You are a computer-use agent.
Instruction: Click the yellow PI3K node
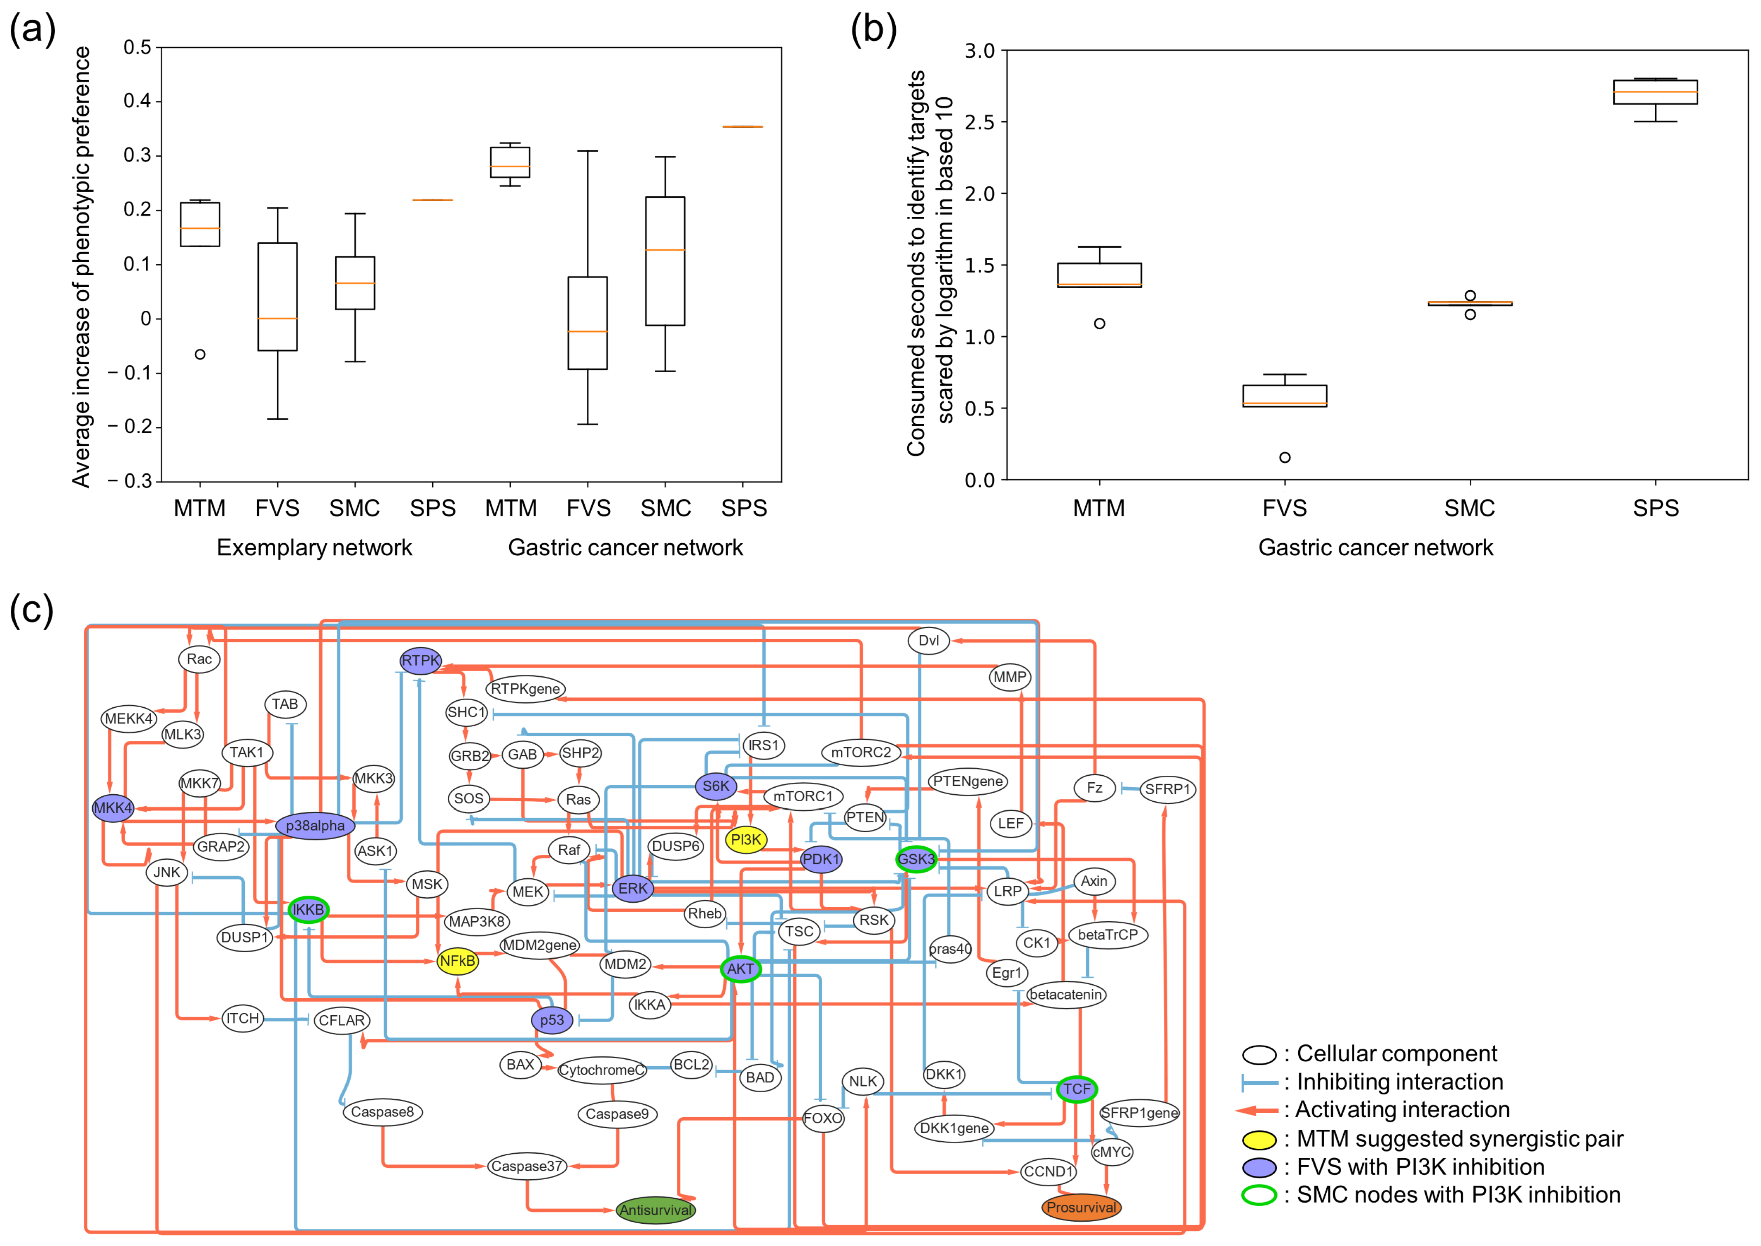point(745,839)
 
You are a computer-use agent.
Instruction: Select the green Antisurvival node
point(656,1210)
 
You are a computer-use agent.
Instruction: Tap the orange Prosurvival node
point(1081,1207)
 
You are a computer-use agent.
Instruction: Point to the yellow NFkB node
point(457,961)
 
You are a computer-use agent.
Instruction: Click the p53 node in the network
point(551,1020)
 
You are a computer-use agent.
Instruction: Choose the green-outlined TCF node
point(1076,1089)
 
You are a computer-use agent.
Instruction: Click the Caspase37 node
point(527,1166)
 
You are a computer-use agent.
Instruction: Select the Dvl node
point(928,640)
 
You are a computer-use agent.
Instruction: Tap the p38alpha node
point(315,826)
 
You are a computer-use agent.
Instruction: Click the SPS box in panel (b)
point(1655,92)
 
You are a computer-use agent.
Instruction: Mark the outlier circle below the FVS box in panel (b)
point(1285,457)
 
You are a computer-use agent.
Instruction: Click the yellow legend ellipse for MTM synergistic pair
point(1259,1139)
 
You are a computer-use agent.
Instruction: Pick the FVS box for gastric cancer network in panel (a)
point(588,323)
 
